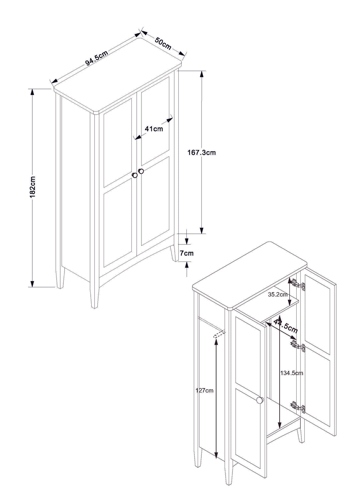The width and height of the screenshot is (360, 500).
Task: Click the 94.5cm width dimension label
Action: pyautogui.click(x=97, y=58)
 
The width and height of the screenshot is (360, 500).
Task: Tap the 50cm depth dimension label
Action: pyautogui.click(x=163, y=44)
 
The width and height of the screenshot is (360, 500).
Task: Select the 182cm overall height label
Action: pyautogui.click(x=33, y=187)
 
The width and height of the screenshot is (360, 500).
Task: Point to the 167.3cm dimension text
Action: pyautogui.click(x=201, y=153)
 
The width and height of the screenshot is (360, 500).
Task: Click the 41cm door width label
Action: pyautogui.click(x=154, y=129)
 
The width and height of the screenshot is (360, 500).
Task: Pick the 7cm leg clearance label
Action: pyautogui.click(x=187, y=253)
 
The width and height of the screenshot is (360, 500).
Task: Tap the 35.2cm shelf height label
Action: pyautogui.click(x=278, y=294)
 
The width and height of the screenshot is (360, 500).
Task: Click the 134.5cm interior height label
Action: pyautogui.click(x=292, y=373)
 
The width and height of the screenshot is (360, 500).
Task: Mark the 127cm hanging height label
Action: pyautogui.click(x=204, y=390)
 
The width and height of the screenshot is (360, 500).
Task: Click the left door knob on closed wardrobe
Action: pyautogui.click(x=135, y=175)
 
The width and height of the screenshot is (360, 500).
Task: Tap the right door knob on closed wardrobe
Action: pyautogui.click(x=141, y=171)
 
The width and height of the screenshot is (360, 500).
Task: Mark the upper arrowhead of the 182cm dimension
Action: pyautogui.click(x=33, y=92)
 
